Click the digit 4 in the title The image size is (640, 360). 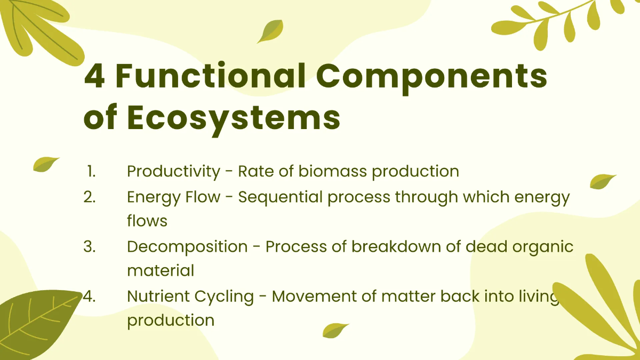click(x=94, y=76)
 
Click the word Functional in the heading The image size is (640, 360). click(x=211, y=75)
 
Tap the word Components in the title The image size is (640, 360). click(x=431, y=78)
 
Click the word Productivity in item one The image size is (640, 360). click(x=173, y=172)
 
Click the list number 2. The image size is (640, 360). click(x=90, y=197)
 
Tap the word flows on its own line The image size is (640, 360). click(x=147, y=221)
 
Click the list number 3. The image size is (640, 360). click(x=90, y=246)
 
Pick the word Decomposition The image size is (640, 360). click(x=187, y=247)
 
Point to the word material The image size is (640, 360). click(x=161, y=270)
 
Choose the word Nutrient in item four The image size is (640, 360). click(x=158, y=297)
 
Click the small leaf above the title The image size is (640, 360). click(x=270, y=31)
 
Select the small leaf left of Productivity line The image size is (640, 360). click(x=46, y=164)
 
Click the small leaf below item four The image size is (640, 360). click(x=335, y=331)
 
